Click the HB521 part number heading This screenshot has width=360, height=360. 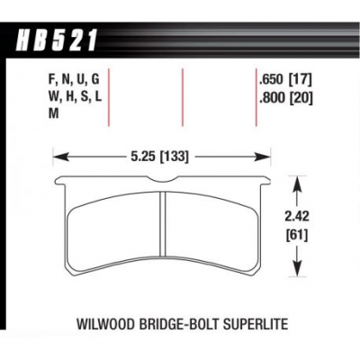(57, 40)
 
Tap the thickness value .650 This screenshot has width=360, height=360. (271, 80)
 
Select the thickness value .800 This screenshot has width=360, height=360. (271, 97)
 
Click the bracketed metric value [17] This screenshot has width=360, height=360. (300, 80)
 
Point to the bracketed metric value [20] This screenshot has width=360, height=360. (301, 97)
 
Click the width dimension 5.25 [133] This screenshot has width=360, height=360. (159, 157)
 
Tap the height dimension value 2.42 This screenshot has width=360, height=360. (297, 217)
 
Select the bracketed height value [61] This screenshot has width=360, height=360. (297, 236)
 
